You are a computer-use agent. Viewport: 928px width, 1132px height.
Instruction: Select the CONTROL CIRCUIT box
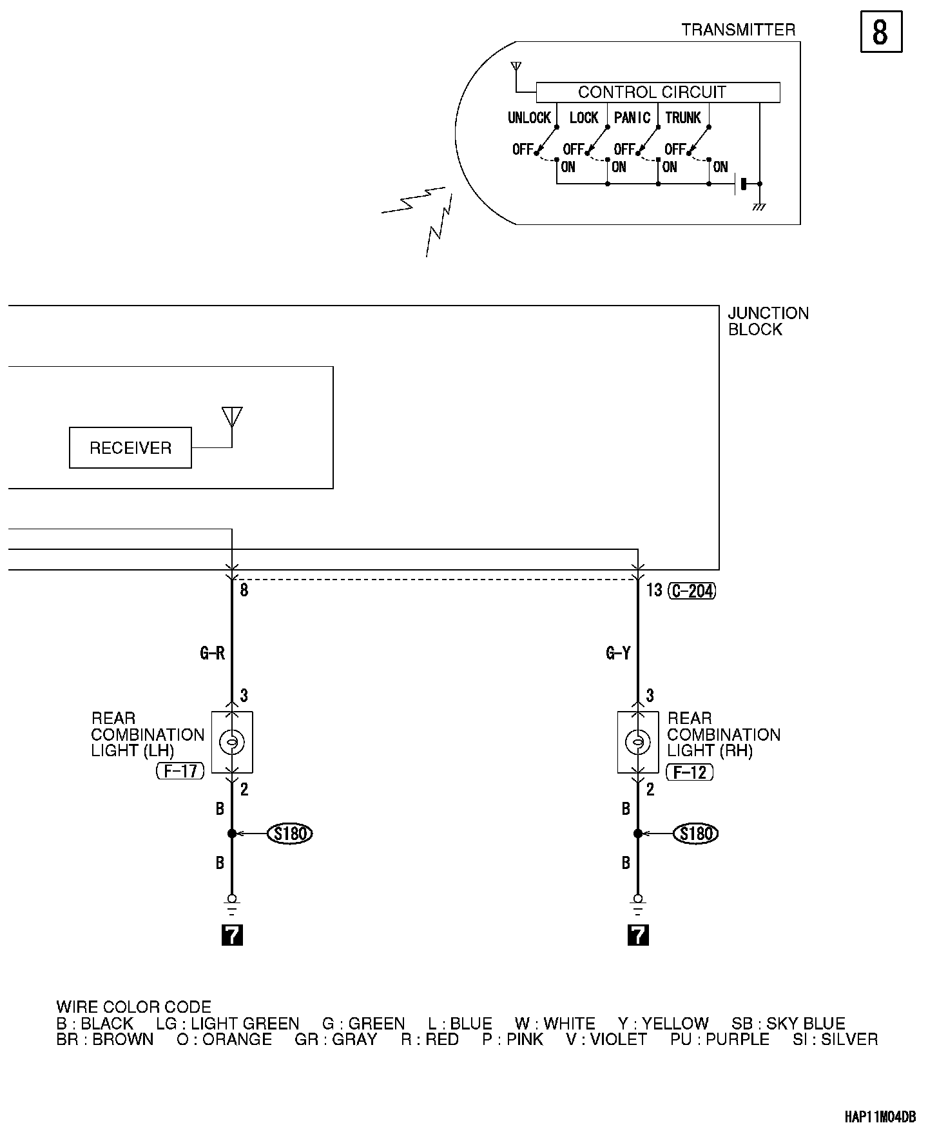[657, 92]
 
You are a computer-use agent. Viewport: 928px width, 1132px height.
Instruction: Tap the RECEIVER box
[130, 447]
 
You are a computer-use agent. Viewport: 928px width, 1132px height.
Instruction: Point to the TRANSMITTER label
[738, 30]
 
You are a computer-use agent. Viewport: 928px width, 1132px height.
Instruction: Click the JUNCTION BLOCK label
[768, 321]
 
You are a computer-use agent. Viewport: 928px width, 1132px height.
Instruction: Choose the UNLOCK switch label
[529, 118]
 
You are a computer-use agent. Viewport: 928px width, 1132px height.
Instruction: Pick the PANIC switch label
[632, 118]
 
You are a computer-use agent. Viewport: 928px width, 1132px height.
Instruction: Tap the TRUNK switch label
[682, 118]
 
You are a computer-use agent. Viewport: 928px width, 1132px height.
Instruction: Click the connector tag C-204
[693, 590]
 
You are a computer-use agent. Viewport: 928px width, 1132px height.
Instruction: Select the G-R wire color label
[212, 654]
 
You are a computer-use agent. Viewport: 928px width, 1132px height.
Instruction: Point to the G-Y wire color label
[618, 654]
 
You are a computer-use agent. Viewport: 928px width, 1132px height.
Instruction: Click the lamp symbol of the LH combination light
[232, 743]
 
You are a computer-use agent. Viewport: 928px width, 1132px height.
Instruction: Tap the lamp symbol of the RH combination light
[638, 743]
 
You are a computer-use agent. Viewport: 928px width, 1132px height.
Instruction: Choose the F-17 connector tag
[180, 770]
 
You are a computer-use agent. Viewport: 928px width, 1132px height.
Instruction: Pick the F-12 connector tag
[690, 772]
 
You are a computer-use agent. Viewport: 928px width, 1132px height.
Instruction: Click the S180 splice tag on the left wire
[290, 834]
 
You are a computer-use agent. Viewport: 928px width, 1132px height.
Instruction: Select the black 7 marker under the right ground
[638, 935]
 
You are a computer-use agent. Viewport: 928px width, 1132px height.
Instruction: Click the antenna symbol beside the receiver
[232, 417]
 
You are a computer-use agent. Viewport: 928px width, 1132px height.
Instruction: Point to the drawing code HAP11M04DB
[880, 1117]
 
